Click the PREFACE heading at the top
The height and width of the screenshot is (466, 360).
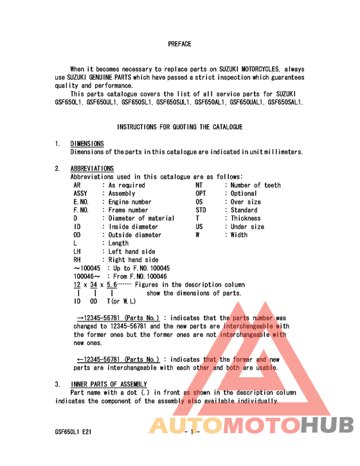pyautogui.click(x=180, y=44)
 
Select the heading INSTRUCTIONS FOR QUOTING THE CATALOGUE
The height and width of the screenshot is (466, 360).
pyautogui.click(x=180, y=127)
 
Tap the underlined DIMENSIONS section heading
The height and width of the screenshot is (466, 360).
pyautogui.click(x=87, y=144)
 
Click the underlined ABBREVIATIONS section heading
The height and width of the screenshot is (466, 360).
pyautogui.click(x=92, y=169)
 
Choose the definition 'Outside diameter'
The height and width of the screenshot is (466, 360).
pyautogui.click(x=135, y=235)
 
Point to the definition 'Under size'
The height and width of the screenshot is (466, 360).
pyautogui.click(x=248, y=227)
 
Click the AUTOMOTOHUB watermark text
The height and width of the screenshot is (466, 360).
pyautogui.click(x=251, y=426)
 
